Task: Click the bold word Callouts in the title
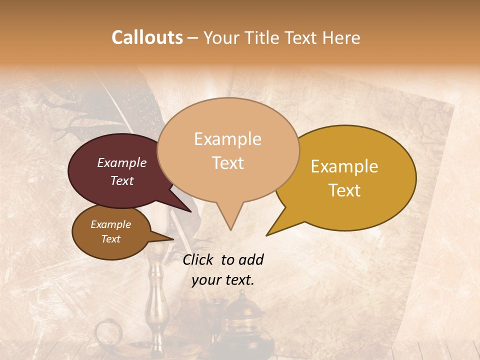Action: pyautogui.click(x=147, y=37)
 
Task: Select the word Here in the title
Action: pyautogui.click(x=341, y=37)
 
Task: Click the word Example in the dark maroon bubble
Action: pyautogui.click(x=121, y=162)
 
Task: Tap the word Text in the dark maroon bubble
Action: pyautogui.click(x=121, y=180)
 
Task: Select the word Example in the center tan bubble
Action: pyautogui.click(x=227, y=139)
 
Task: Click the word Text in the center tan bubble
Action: pyautogui.click(x=227, y=162)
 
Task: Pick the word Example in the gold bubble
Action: pyautogui.click(x=344, y=166)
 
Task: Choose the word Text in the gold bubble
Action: pyautogui.click(x=344, y=190)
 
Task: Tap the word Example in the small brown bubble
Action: pyautogui.click(x=110, y=224)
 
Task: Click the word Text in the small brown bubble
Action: pyautogui.click(x=110, y=239)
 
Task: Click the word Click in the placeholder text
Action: pyautogui.click(x=198, y=259)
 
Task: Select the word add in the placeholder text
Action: pyautogui.click(x=250, y=259)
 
